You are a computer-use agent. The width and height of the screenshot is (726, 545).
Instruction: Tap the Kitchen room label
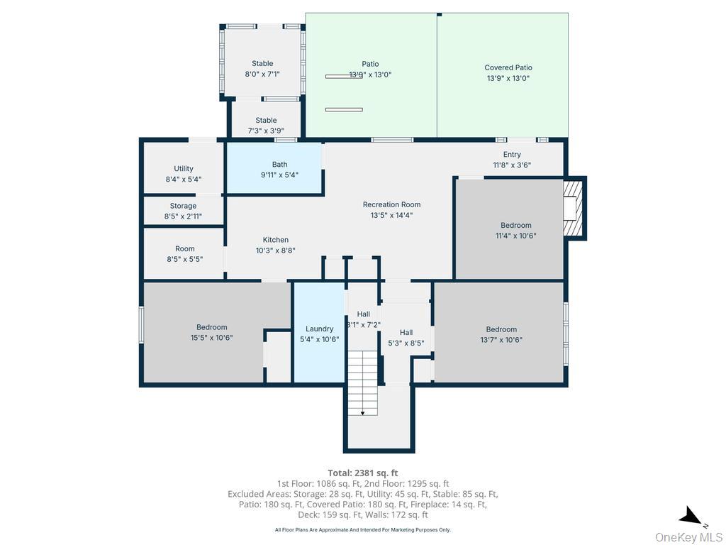click(276, 245)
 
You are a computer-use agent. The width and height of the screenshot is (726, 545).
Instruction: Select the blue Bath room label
click(279, 170)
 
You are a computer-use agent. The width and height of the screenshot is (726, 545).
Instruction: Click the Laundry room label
click(320, 334)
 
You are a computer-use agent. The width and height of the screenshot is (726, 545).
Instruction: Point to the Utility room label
click(184, 174)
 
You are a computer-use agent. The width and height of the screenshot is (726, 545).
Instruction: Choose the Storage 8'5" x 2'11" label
click(184, 211)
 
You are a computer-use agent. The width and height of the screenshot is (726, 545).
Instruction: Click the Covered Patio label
click(508, 73)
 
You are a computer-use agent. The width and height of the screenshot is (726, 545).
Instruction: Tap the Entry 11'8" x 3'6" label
click(512, 160)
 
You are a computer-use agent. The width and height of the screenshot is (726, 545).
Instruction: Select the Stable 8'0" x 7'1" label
click(262, 68)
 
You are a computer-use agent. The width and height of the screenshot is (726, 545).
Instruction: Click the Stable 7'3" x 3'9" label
click(266, 125)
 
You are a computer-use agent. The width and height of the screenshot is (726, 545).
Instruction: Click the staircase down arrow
click(363, 411)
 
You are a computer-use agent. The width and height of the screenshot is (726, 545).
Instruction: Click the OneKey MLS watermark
click(688, 536)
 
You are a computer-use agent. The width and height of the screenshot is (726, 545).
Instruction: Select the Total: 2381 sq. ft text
click(363, 473)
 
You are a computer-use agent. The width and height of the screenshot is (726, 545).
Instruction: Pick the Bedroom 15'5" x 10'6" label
click(212, 332)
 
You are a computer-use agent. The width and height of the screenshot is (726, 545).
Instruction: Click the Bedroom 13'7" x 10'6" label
click(501, 334)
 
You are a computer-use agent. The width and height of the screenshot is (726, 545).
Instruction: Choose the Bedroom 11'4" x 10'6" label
click(515, 231)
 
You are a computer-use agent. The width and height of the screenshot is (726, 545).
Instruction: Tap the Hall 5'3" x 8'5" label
click(406, 337)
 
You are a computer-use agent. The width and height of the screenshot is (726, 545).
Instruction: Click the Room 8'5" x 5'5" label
click(184, 254)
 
